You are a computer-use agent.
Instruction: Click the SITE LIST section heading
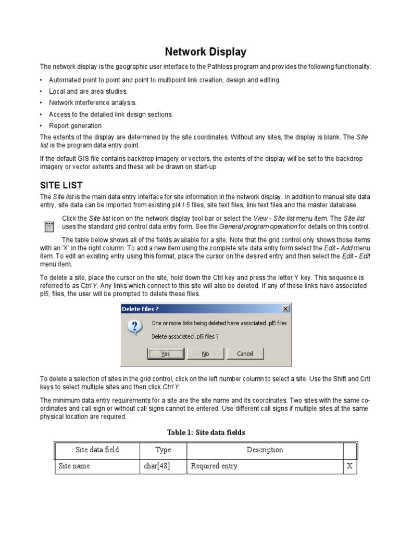(x=61, y=185)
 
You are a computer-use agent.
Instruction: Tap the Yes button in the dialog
(x=166, y=353)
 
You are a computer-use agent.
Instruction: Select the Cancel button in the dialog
(x=245, y=353)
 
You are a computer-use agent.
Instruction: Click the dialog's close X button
(x=285, y=309)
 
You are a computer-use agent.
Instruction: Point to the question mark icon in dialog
(x=135, y=328)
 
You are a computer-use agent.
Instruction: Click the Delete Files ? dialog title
(x=140, y=309)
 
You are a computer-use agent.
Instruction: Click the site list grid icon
(x=49, y=226)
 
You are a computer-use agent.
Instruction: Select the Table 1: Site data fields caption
(x=206, y=433)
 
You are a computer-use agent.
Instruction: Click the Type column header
(x=163, y=450)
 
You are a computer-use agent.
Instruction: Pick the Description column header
(x=265, y=450)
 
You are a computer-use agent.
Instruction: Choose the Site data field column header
(x=97, y=450)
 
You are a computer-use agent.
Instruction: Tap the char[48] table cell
(x=157, y=466)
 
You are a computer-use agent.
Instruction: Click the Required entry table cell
(x=214, y=466)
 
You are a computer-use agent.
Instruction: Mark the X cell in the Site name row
(x=349, y=466)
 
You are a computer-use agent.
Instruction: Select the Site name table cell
(x=74, y=466)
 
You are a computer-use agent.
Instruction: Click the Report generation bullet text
(x=75, y=125)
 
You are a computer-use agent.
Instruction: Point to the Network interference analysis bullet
(x=92, y=103)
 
